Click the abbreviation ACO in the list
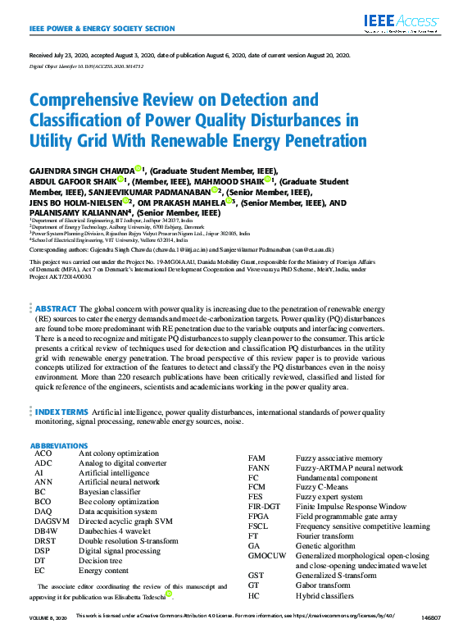[43, 453]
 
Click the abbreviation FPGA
[260, 517]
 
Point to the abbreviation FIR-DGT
[265, 507]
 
